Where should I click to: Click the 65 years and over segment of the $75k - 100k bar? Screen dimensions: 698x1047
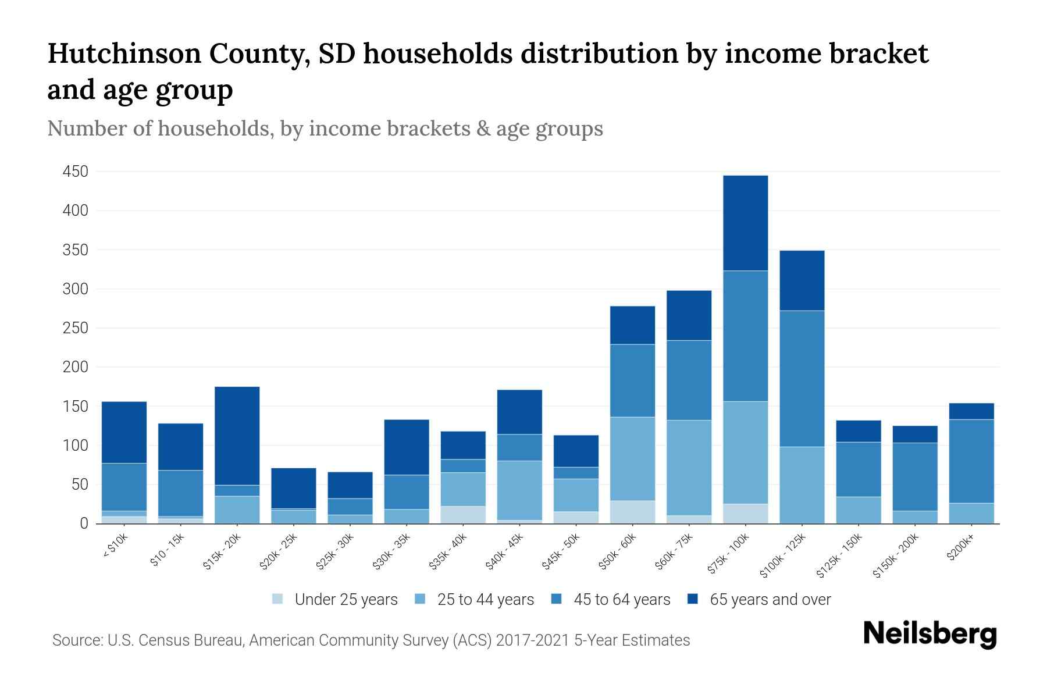click(x=745, y=223)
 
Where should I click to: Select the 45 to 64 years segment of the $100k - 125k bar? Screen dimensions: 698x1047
click(x=802, y=379)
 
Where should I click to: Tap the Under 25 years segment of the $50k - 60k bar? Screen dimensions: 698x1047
click(x=632, y=512)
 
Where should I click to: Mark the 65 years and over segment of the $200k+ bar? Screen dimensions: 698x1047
click(x=971, y=411)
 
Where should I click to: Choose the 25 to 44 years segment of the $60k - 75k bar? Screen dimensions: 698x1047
click(x=689, y=468)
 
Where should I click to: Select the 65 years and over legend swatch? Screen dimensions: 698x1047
click(x=693, y=599)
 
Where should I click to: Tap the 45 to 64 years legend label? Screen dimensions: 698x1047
click(x=622, y=600)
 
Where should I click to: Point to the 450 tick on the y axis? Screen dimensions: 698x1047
click(x=76, y=172)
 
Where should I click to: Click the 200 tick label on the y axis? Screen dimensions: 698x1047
click(x=76, y=367)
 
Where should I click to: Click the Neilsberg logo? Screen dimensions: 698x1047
click(x=930, y=634)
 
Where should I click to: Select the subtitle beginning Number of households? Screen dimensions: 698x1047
click(x=325, y=129)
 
